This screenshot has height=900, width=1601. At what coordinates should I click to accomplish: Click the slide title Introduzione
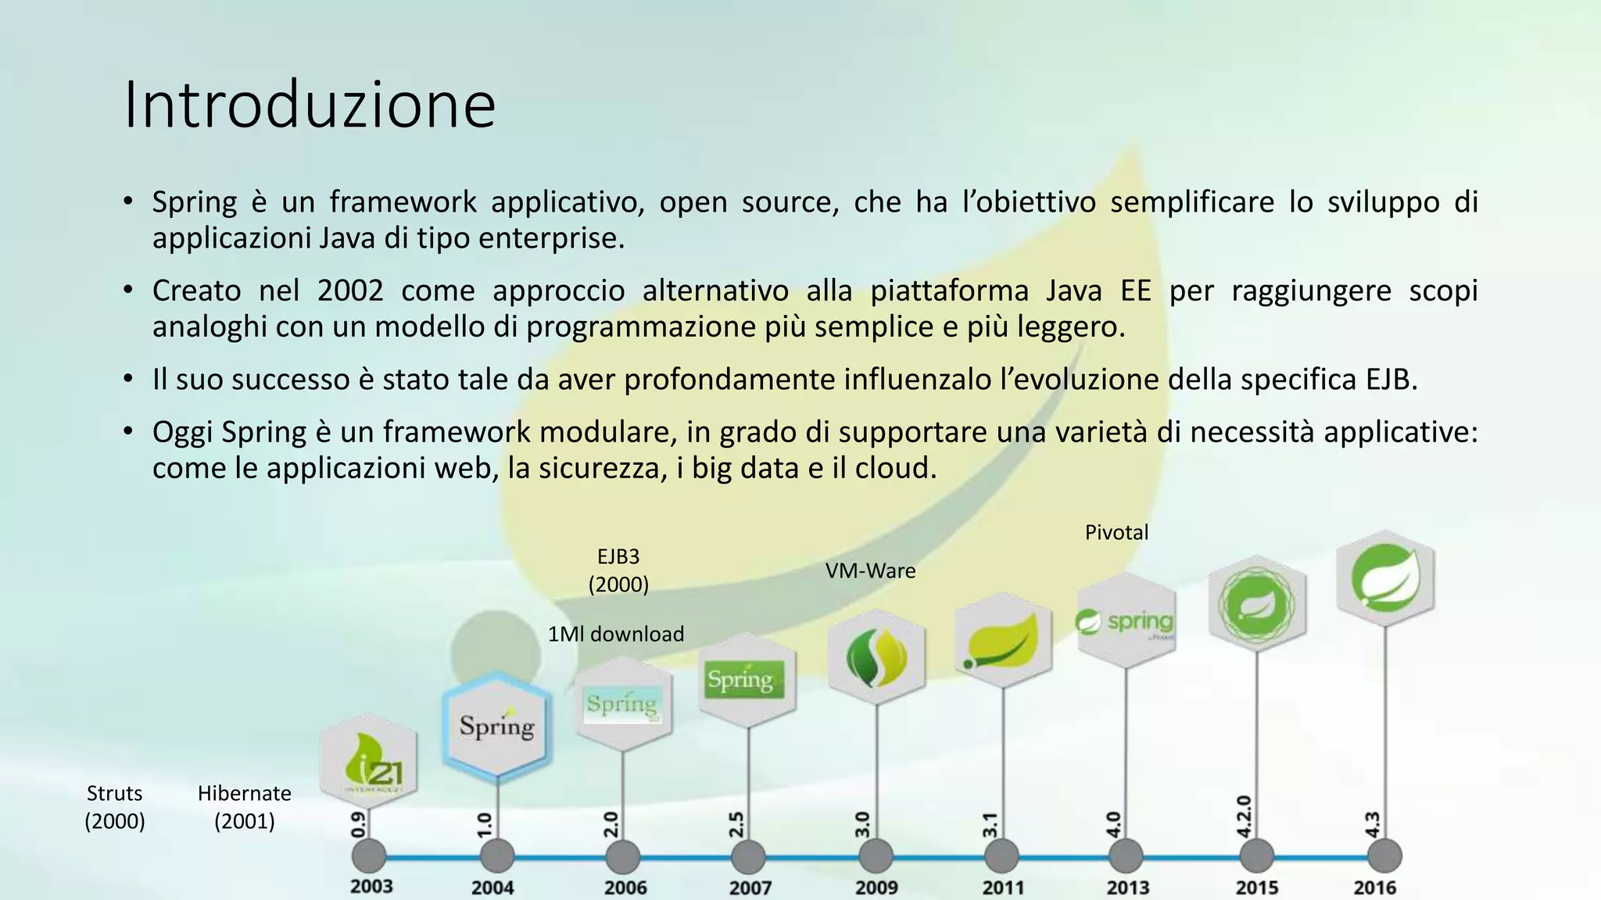click(x=310, y=105)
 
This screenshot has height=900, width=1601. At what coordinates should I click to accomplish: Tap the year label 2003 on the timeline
click(x=371, y=886)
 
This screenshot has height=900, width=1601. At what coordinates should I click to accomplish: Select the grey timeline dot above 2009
click(x=876, y=856)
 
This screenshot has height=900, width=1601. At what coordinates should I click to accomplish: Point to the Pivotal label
click(x=1116, y=533)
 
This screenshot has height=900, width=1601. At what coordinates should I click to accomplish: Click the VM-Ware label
click(x=870, y=571)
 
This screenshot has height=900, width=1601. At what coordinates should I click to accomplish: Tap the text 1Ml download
click(x=616, y=634)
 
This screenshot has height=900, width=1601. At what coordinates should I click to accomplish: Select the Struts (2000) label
click(x=115, y=807)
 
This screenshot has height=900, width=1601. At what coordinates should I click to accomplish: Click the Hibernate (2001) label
click(x=244, y=807)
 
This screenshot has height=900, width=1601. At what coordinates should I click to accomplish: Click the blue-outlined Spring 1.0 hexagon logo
click(x=497, y=727)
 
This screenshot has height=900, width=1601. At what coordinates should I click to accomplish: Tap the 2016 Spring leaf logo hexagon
click(x=1385, y=579)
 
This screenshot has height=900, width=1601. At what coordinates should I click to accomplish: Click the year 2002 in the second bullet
click(x=350, y=291)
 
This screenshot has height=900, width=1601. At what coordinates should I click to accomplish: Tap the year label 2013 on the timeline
click(x=1127, y=887)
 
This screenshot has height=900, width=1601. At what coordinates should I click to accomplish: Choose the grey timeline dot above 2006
click(x=623, y=856)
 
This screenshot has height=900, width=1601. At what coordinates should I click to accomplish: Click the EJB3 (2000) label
click(x=618, y=570)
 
